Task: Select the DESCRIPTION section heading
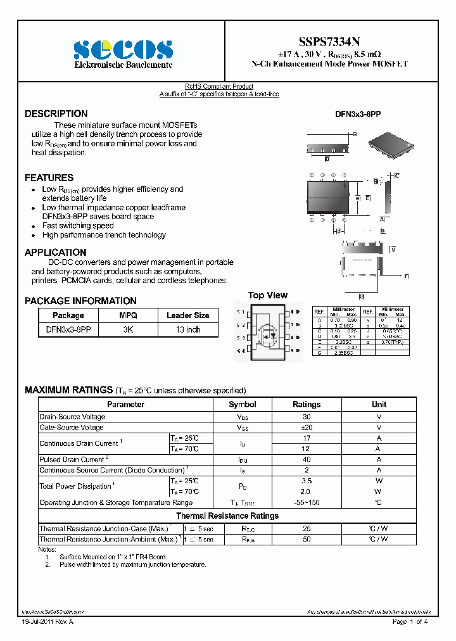(56, 114)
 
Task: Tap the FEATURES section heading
(49, 178)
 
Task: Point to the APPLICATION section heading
(56, 253)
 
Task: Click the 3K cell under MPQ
(128, 330)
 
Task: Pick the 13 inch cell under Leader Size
(188, 330)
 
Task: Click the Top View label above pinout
(267, 295)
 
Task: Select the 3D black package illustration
(391, 144)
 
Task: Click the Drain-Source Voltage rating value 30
(307, 417)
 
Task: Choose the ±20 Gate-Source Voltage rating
(307, 428)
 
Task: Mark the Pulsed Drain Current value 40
(307, 459)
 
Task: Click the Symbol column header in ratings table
(242, 404)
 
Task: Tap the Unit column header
(379, 404)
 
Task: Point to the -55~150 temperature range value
(307, 502)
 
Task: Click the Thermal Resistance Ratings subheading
(227, 516)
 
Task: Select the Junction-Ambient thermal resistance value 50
(307, 539)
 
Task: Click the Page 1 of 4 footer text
(410, 622)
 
